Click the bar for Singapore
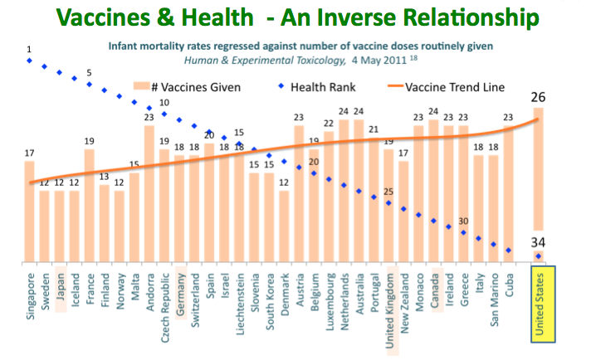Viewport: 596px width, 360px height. click(x=30, y=212)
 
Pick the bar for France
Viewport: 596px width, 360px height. click(x=90, y=206)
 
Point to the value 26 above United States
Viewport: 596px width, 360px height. click(x=539, y=98)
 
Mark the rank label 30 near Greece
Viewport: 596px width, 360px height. click(x=465, y=221)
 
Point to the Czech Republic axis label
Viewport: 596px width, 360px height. click(x=165, y=308)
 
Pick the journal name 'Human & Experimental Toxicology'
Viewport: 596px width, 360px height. click(x=247, y=59)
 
